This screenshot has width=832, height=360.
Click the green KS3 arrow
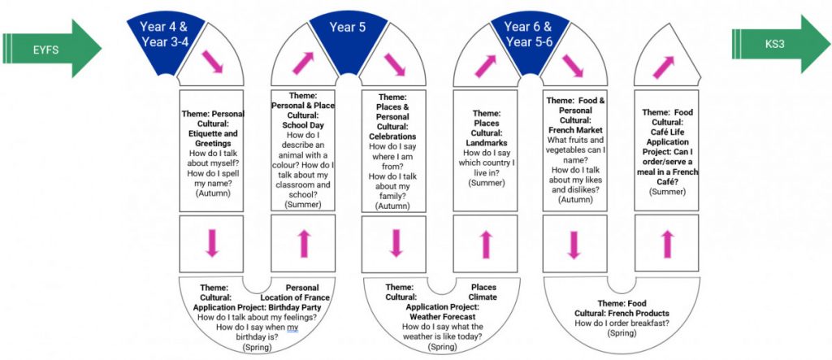781,44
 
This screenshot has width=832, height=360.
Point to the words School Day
302,125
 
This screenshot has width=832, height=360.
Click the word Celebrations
392,137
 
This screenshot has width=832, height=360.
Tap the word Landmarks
486,142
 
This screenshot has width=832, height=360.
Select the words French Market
574,130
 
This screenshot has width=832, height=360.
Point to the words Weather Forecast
442,316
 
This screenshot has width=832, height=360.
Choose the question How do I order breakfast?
622,323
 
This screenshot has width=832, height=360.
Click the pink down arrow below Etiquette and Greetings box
212,243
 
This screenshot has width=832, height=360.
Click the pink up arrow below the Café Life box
667,245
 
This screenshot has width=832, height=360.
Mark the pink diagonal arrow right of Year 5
394,64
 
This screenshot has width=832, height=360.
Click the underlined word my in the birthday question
292,327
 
